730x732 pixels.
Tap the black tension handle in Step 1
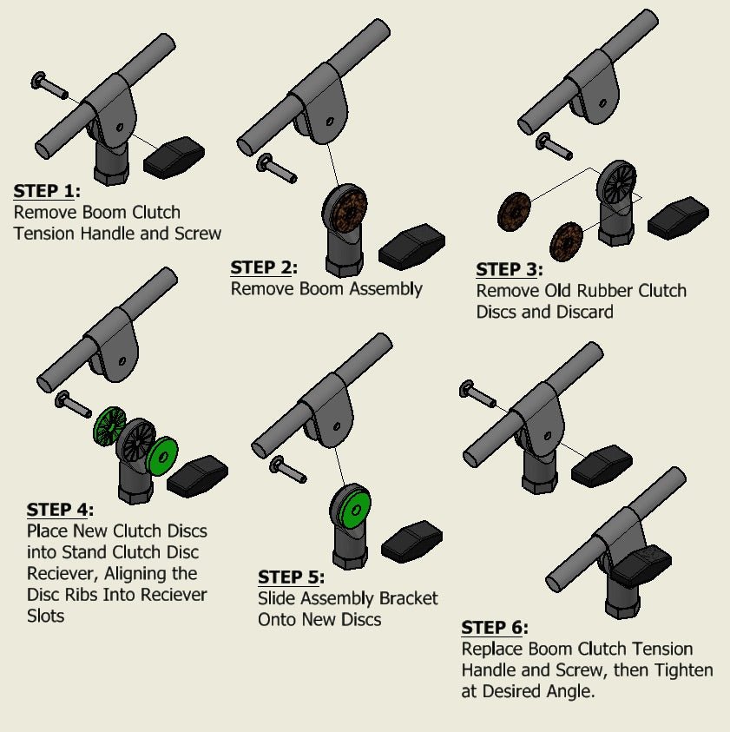(174, 157)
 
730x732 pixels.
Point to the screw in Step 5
(289, 470)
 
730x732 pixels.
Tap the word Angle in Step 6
(568, 692)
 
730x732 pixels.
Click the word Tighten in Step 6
(677, 670)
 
